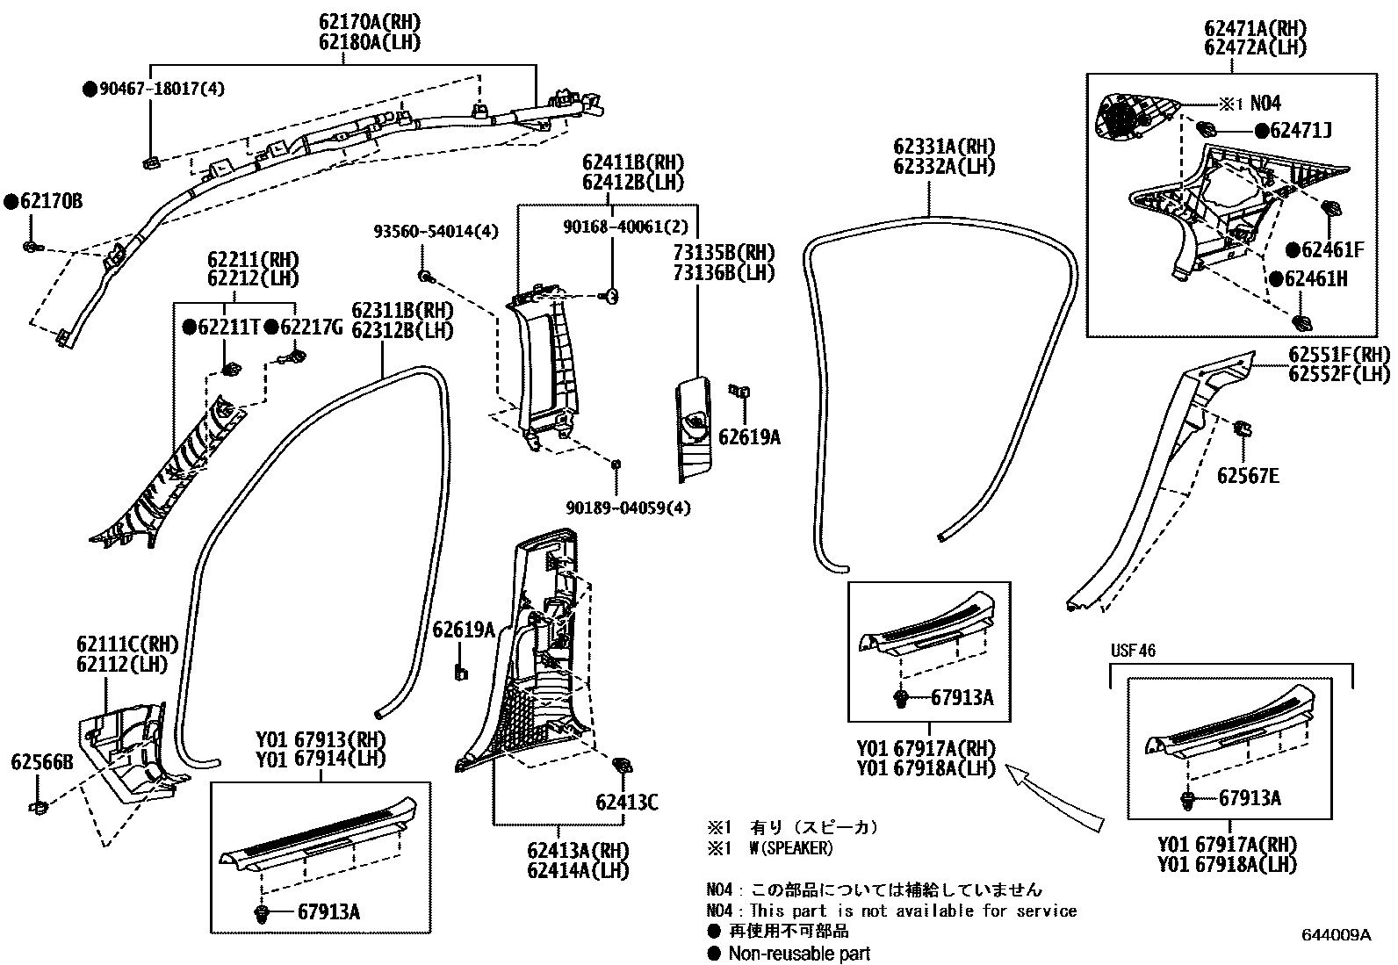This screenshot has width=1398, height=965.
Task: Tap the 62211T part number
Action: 228,328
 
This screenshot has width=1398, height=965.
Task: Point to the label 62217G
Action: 310,328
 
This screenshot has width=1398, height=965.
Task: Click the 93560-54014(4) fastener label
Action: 436,232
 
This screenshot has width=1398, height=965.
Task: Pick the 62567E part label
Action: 1247,476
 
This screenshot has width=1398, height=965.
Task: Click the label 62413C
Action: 626,802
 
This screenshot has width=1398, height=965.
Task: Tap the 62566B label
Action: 41,762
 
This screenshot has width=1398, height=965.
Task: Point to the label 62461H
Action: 1315,279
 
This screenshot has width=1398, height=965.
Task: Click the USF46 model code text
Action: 1133,651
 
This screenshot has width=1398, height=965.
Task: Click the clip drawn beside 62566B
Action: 38,805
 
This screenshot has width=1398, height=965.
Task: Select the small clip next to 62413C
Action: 623,766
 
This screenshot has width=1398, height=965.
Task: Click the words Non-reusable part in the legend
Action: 799,954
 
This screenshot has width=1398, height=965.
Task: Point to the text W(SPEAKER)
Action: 790,848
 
